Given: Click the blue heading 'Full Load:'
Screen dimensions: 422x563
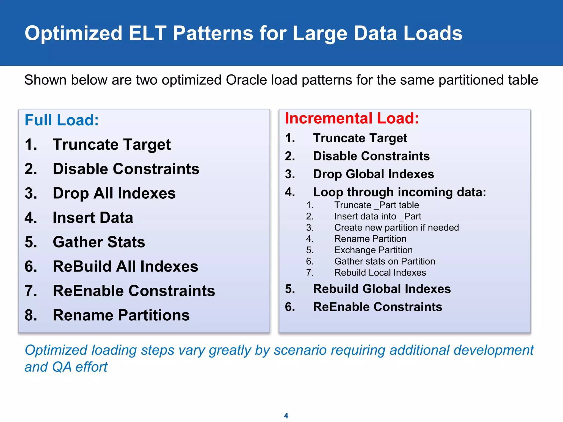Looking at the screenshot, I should click(x=62, y=120).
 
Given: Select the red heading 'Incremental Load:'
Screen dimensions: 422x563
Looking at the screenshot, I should click(x=352, y=118).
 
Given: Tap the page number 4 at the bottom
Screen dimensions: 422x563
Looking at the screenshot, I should click(x=286, y=415).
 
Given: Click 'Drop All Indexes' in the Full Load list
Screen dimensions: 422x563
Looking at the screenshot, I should click(x=114, y=193).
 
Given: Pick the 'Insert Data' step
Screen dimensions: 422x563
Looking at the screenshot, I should click(x=93, y=218).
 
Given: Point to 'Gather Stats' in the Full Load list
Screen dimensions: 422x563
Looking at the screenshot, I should click(x=99, y=242).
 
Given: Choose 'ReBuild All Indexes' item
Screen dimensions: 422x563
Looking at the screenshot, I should click(x=125, y=266).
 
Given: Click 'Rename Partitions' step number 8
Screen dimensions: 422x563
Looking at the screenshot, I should click(x=121, y=315).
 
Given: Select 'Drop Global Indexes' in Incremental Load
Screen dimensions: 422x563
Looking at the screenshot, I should click(x=373, y=174).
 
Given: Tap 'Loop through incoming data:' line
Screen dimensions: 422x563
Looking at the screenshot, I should click(x=399, y=192).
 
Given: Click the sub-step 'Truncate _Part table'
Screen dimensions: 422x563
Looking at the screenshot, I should click(x=376, y=205).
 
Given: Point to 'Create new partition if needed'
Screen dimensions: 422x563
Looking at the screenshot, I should click(x=396, y=227).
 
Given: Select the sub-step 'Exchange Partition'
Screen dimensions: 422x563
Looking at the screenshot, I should click(x=373, y=250).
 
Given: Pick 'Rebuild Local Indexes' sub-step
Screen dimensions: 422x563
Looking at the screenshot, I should click(x=380, y=273).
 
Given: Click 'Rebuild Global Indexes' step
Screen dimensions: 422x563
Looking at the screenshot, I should click(x=382, y=289).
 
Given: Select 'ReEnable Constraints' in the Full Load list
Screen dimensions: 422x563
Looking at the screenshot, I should click(x=134, y=291).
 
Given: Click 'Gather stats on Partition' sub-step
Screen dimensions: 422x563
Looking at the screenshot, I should click(x=384, y=261).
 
